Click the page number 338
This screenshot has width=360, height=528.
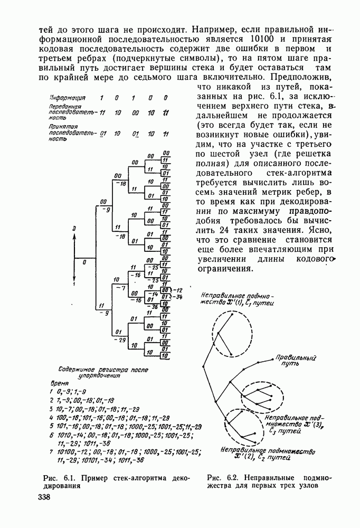point(46,498)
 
